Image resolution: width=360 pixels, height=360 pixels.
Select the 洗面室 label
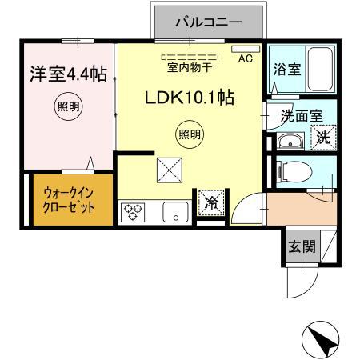(302, 115)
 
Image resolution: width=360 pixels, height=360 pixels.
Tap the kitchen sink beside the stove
(174, 213)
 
